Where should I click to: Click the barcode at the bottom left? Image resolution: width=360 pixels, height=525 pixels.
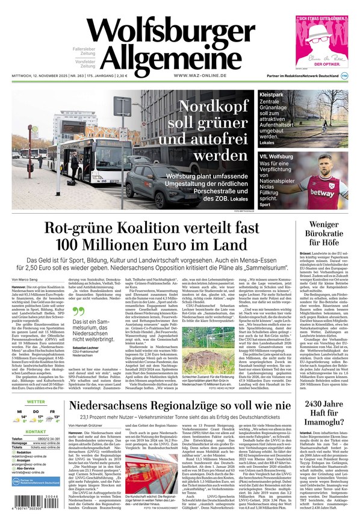pos(36,503)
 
